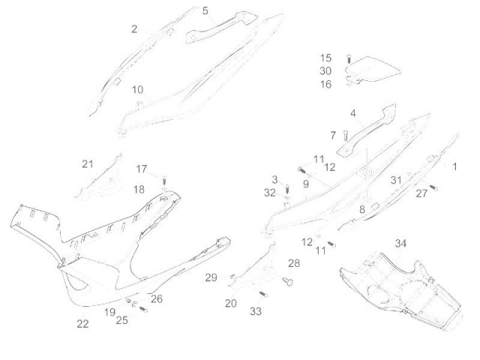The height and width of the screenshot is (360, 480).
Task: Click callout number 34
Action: [x=400, y=244]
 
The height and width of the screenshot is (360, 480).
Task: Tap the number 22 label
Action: [x=82, y=324]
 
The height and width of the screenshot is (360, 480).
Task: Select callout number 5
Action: [x=205, y=11]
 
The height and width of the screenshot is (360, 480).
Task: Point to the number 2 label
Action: [x=134, y=29]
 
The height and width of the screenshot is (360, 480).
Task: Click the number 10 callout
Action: [x=137, y=90]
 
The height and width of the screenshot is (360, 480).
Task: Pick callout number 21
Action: [x=87, y=164]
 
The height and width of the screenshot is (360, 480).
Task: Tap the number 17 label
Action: [x=142, y=169]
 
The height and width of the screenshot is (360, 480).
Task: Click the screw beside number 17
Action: [x=165, y=179]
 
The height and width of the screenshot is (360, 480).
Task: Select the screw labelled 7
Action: [x=346, y=135]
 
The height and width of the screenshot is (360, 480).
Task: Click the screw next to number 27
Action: [x=433, y=187]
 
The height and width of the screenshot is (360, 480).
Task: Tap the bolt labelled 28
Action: [x=287, y=280]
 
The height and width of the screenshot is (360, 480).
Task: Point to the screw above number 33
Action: [x=263, y=294]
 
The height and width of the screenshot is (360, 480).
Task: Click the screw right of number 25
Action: [x=143, y=310]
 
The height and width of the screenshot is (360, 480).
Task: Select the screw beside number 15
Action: [x=349, y=58]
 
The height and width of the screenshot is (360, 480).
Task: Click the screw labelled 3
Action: [x=287, y=189]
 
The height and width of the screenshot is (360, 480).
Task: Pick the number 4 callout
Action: [x=353, y=113]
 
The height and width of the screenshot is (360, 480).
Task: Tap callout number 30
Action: [x=325, y=71]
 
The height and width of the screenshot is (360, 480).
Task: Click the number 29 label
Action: [x=211, y=277]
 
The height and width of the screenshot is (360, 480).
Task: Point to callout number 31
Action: [x=396, y=180]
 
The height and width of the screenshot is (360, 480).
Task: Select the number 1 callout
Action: [x=455, y=166]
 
